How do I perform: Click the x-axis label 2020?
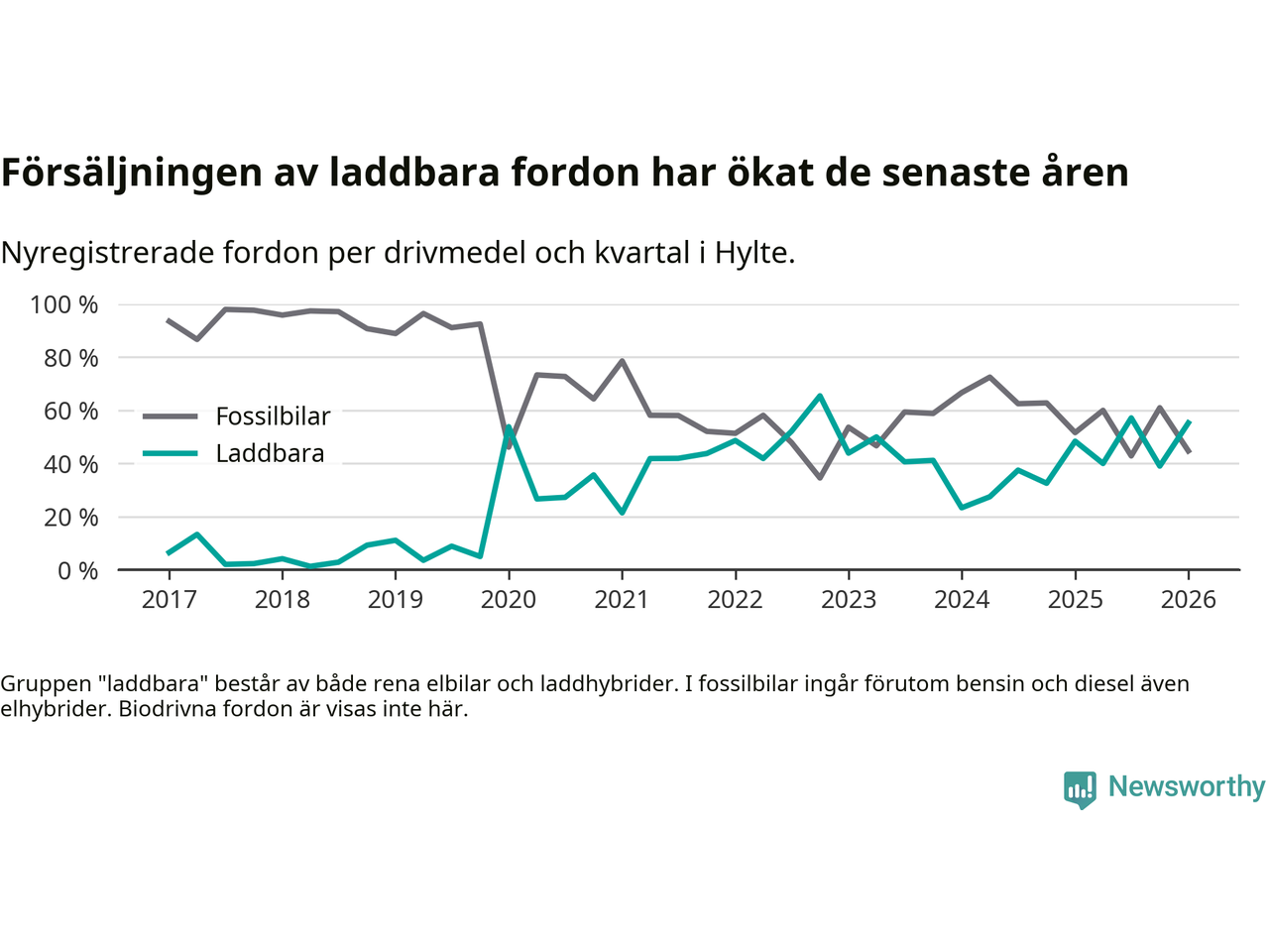point(509,599)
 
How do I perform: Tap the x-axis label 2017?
point(169,599)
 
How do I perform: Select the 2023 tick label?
point(849,599)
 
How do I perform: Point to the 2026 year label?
point(1189,599)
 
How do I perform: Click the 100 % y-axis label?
point(64,304)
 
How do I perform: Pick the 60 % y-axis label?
point(70,411)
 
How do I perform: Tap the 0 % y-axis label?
point(76,570)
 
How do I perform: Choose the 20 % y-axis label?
point(70,517)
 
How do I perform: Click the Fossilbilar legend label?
point(273,416)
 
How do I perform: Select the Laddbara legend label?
point(270,453)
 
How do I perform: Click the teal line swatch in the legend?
point(170,453)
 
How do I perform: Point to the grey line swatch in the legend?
point(170,416)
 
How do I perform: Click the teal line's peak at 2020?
point(509,427)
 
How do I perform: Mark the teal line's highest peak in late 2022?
point(820,396)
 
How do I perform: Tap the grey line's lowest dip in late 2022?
point(820,478)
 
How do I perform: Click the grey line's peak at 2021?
point(622,361)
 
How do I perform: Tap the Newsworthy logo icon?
point(1080,789)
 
